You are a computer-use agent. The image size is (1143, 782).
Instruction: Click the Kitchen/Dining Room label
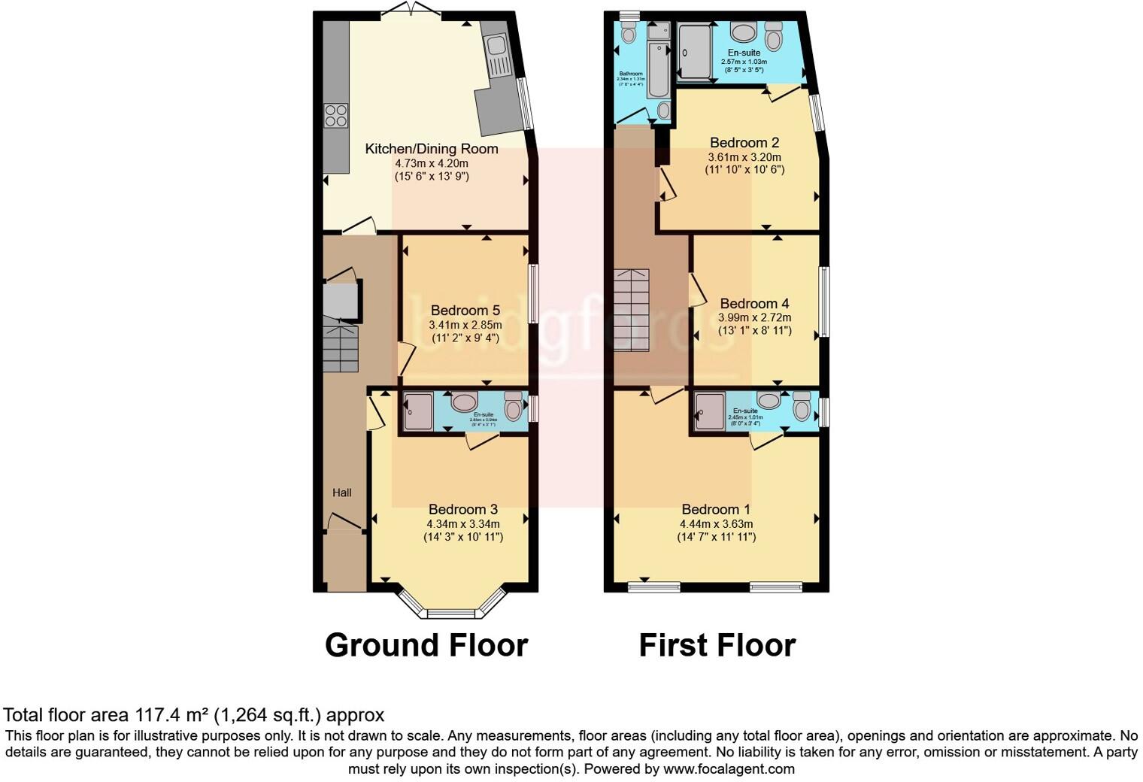432,148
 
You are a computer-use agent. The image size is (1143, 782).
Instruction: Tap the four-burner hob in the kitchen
335,115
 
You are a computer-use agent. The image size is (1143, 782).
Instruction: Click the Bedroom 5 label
465,310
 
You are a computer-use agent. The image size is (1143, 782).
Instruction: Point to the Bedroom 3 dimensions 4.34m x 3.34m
463,523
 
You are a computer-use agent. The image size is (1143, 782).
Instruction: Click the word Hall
342,493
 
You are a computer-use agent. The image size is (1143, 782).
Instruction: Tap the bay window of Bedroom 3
451,611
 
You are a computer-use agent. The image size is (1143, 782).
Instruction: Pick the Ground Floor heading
426,645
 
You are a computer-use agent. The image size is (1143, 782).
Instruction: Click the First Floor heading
717,645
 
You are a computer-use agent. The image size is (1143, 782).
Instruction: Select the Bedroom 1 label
716,509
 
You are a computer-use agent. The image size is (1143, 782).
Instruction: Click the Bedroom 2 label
744,142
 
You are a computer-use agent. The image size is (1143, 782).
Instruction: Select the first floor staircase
631,310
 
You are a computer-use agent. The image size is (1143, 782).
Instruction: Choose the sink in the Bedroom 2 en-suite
744,32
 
